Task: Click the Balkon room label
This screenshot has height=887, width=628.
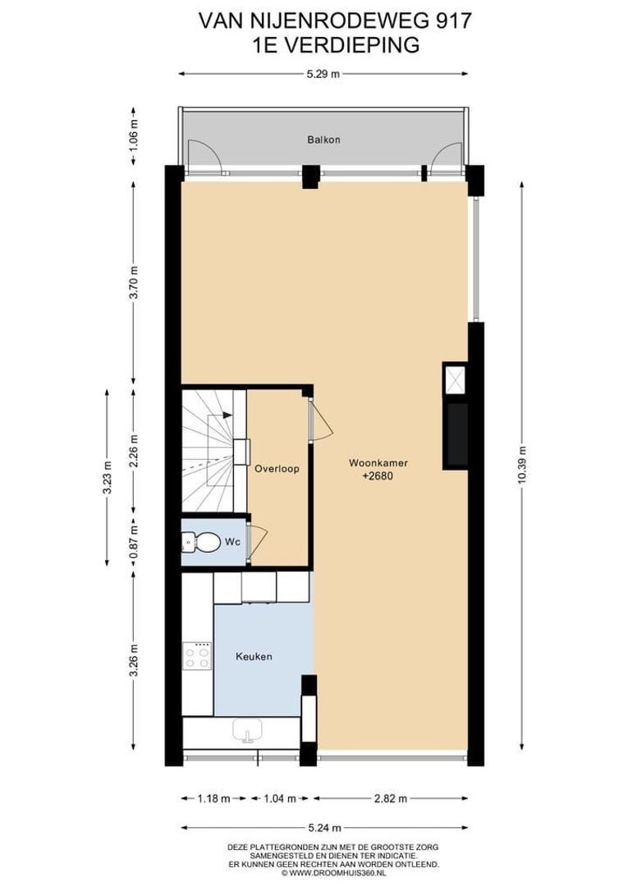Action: tap(323, 140)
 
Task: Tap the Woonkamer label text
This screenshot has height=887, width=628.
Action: tap(378, 462)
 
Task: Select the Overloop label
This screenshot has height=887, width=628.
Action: tap(276, 469)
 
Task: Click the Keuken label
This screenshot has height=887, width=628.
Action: tap(254, 656)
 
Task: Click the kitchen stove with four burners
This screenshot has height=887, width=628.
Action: tap(197, 656)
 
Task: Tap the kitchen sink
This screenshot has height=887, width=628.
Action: tap(246, 730)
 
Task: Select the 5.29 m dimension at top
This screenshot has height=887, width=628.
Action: tap(323, 74)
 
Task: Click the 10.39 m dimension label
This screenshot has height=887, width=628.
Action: tap(522, 466)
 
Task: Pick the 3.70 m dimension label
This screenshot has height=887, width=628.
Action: tap(134, 282)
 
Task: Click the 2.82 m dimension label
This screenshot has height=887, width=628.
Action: tap(390, 797)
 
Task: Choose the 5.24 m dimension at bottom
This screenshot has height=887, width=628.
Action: tap(323, 828)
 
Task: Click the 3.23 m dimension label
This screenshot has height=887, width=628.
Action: tap(106, 477)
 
